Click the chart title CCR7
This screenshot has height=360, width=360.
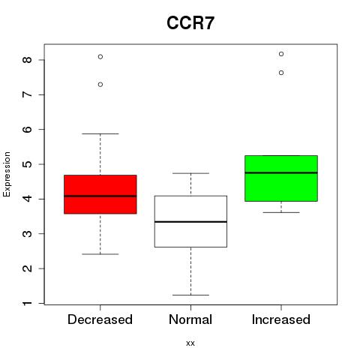190,23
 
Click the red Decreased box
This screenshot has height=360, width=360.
100,194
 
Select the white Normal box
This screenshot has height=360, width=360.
190,221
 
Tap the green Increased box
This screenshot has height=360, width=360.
281,178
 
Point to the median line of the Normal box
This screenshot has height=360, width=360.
190,222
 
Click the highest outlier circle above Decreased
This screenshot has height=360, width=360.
100,57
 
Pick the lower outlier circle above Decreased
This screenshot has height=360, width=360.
100,85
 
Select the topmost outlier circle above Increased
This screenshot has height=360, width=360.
281,54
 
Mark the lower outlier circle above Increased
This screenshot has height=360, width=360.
281,73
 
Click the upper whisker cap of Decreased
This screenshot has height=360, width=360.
100,133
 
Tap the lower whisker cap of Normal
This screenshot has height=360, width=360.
190,295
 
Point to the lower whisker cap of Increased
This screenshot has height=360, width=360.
281,212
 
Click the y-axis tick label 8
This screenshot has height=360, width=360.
27,60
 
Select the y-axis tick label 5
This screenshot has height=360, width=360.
27,164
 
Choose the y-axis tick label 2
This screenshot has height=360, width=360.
27,268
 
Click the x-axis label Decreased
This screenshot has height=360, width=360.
100,319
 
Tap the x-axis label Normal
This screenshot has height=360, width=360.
190,319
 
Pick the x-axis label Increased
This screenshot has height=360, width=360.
281,319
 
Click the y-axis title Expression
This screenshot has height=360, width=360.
7,174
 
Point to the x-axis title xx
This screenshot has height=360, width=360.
190,343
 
